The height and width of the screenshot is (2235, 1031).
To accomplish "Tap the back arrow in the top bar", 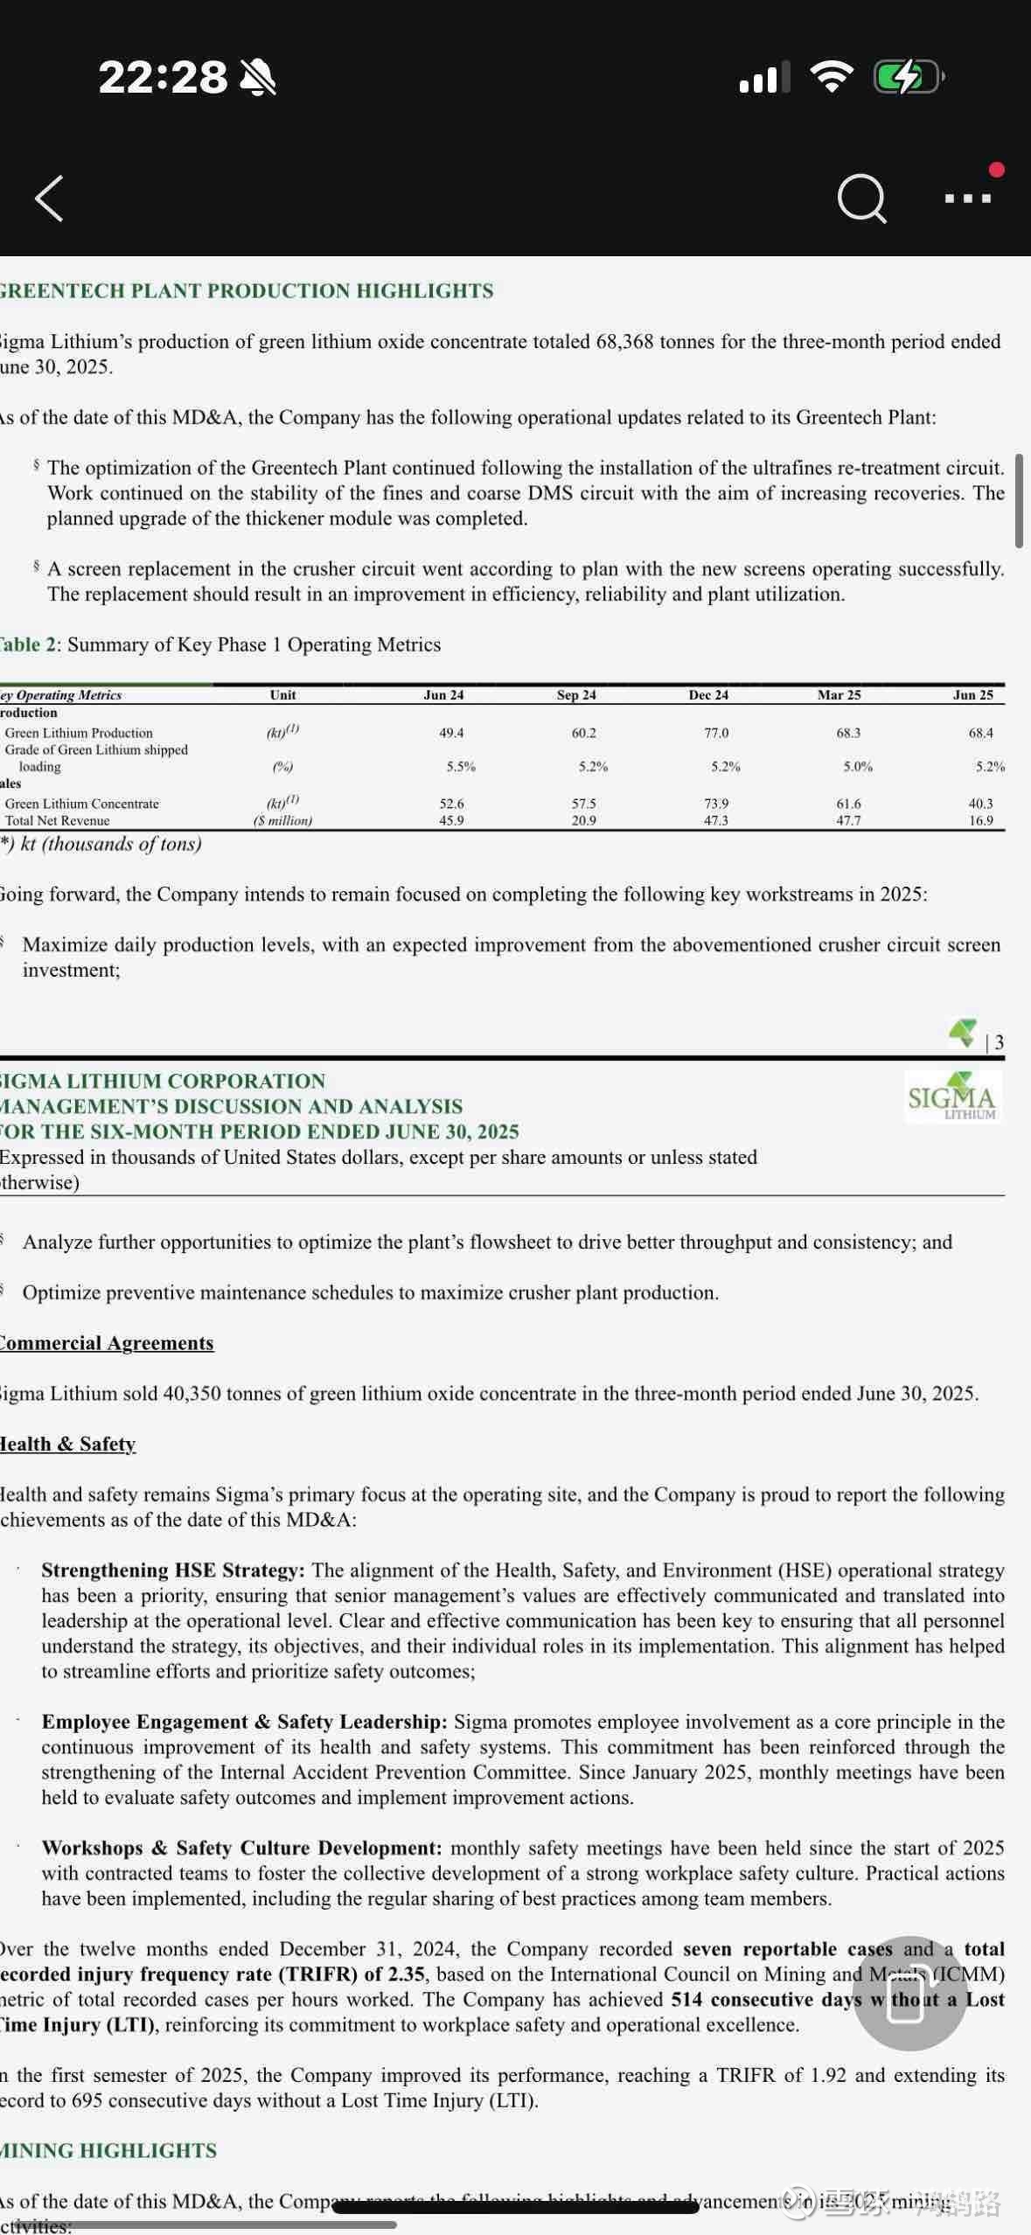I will [50, 198].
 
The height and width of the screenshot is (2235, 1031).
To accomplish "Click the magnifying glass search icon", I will [861, 198].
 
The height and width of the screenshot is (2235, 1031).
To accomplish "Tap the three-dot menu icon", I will [968, 198].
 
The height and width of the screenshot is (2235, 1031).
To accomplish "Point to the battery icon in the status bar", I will [908, 77].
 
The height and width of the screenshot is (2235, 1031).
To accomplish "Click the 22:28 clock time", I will [163, 77].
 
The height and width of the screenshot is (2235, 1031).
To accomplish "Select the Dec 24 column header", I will [708, 695].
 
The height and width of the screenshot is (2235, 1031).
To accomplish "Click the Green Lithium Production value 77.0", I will [716, 733].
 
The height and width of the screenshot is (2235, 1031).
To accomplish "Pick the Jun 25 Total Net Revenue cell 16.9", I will [980, 820].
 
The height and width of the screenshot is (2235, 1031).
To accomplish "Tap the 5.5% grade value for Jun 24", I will [461, 767].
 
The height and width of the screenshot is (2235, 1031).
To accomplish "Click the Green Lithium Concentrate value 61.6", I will [848, 803].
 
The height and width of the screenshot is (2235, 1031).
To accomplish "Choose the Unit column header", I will [282, 695].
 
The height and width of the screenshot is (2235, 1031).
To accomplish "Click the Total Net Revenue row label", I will [58, 820].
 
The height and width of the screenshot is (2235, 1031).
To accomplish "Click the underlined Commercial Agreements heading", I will [107, 1343].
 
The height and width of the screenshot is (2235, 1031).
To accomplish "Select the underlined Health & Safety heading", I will [68, 1444].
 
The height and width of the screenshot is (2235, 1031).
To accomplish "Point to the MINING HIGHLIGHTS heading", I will [108, 2150].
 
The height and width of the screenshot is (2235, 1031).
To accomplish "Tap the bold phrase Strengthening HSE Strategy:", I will [173, 1570].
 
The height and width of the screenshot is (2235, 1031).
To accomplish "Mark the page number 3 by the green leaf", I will [999, 1042].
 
